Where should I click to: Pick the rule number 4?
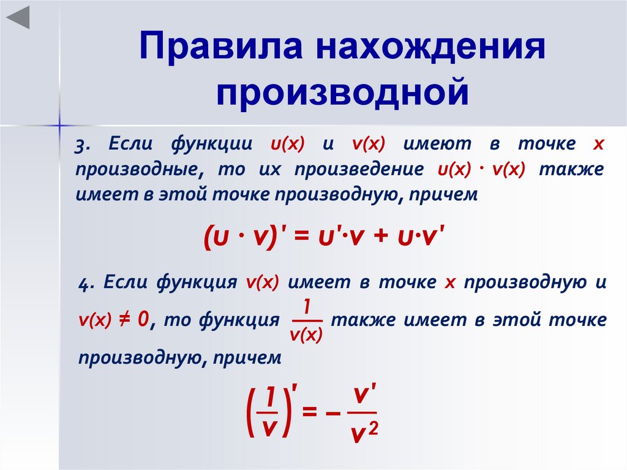85,284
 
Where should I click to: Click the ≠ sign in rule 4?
124,319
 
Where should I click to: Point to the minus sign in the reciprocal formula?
332,414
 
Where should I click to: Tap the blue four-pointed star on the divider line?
59,126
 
